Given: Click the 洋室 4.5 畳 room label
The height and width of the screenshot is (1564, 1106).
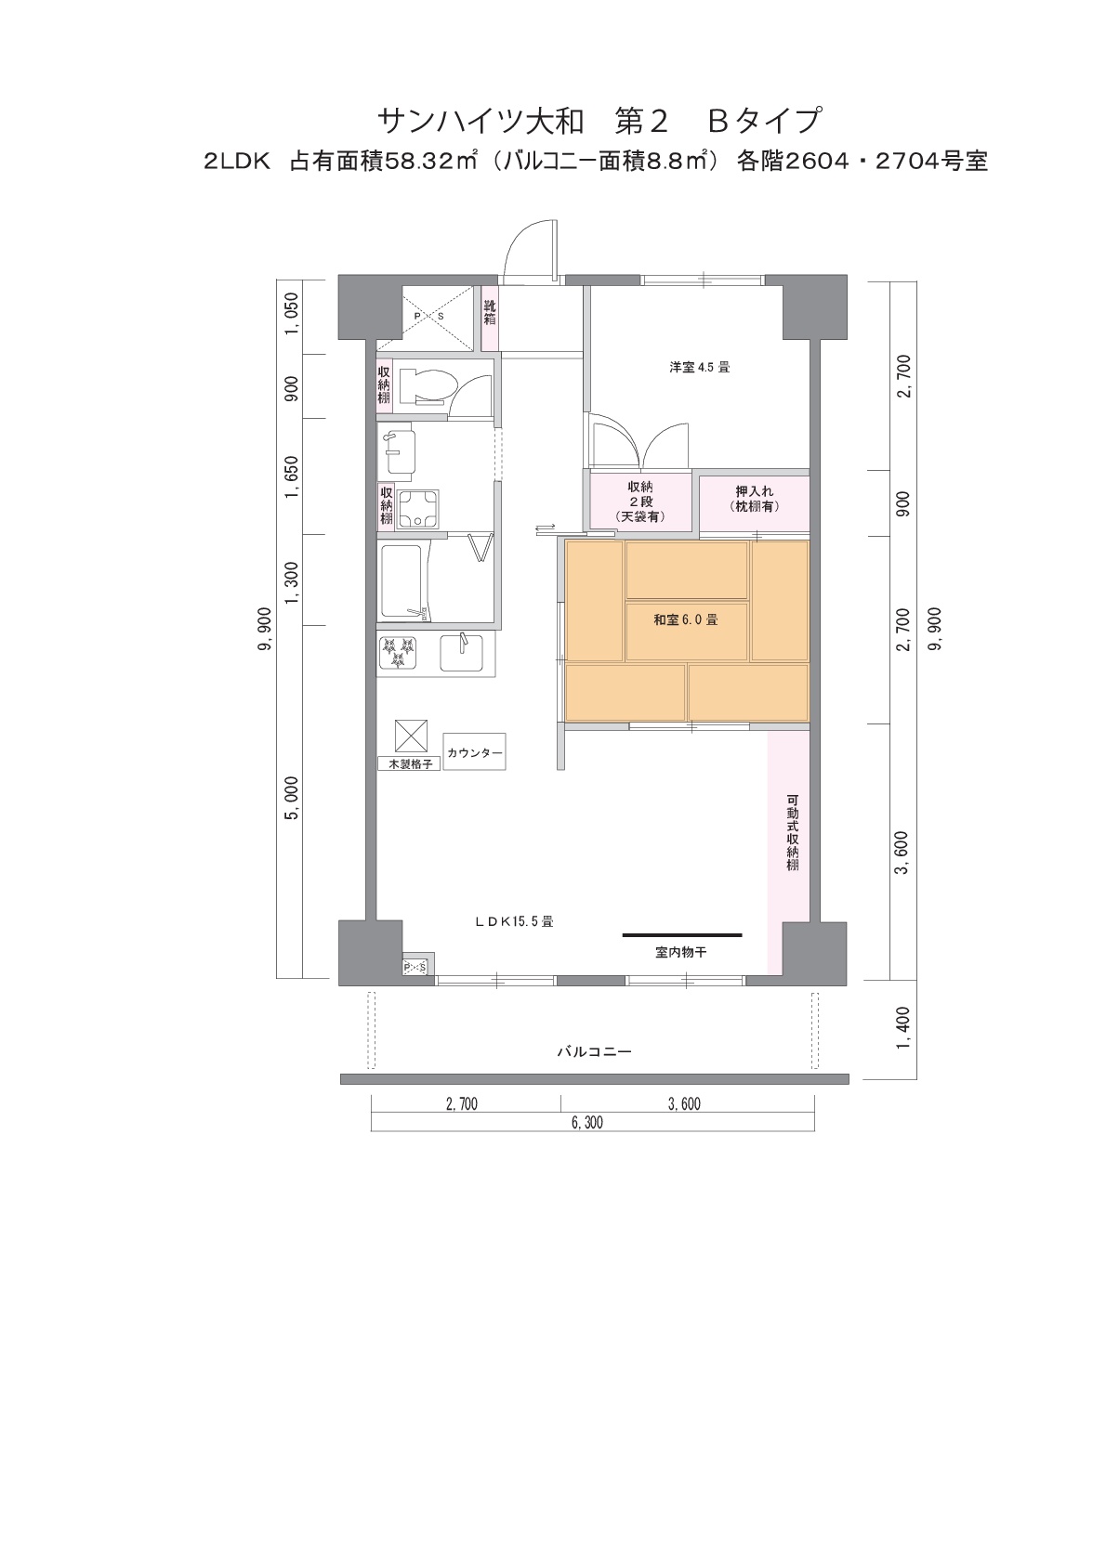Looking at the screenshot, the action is click(x=699, y=367).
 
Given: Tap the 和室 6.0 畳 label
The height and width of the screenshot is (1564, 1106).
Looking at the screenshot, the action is click(x=685, y=619).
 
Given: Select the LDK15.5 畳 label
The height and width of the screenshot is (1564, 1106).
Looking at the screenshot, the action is click(x=514, y=921).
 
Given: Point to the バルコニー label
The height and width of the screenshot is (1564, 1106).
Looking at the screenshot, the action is click(x=594, y=1051).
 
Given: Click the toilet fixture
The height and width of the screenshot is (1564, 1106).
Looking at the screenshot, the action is click(x=428, y=387).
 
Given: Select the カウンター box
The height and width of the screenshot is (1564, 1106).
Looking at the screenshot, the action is click(x=474, y=752).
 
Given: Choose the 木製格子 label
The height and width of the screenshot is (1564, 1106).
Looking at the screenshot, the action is click(x=410, y=763).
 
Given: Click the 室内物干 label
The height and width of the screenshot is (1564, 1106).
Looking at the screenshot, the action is click(x=681, y=952).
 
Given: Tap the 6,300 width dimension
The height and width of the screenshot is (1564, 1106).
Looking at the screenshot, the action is click(x=586, y=1124).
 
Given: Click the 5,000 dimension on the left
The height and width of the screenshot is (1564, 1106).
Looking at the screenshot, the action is click(x=291, y=798).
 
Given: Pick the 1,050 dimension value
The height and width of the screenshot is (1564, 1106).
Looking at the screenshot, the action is click(x=291, y=314).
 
